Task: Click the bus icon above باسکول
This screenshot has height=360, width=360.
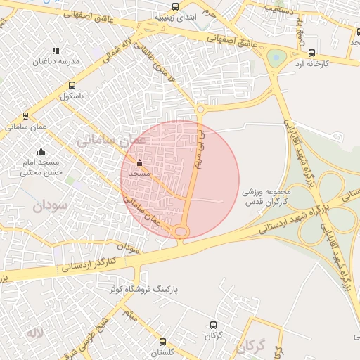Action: tap(71, 85)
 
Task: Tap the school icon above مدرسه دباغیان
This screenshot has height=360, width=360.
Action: tap(56, 51)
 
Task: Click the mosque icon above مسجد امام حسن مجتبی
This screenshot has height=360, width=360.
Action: tap(41, 151)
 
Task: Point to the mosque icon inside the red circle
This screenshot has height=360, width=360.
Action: tap(139, 164)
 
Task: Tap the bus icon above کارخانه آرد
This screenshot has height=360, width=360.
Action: tap(312, 53)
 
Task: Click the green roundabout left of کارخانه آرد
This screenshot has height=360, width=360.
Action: tap(276, 58)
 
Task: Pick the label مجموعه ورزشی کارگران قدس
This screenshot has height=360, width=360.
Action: tap(266, 196)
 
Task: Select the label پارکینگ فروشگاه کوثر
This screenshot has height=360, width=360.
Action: tap(139, 288)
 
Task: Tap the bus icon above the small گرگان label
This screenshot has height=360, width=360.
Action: tap(213, 325)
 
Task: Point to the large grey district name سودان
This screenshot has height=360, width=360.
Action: tap(48, 207)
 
